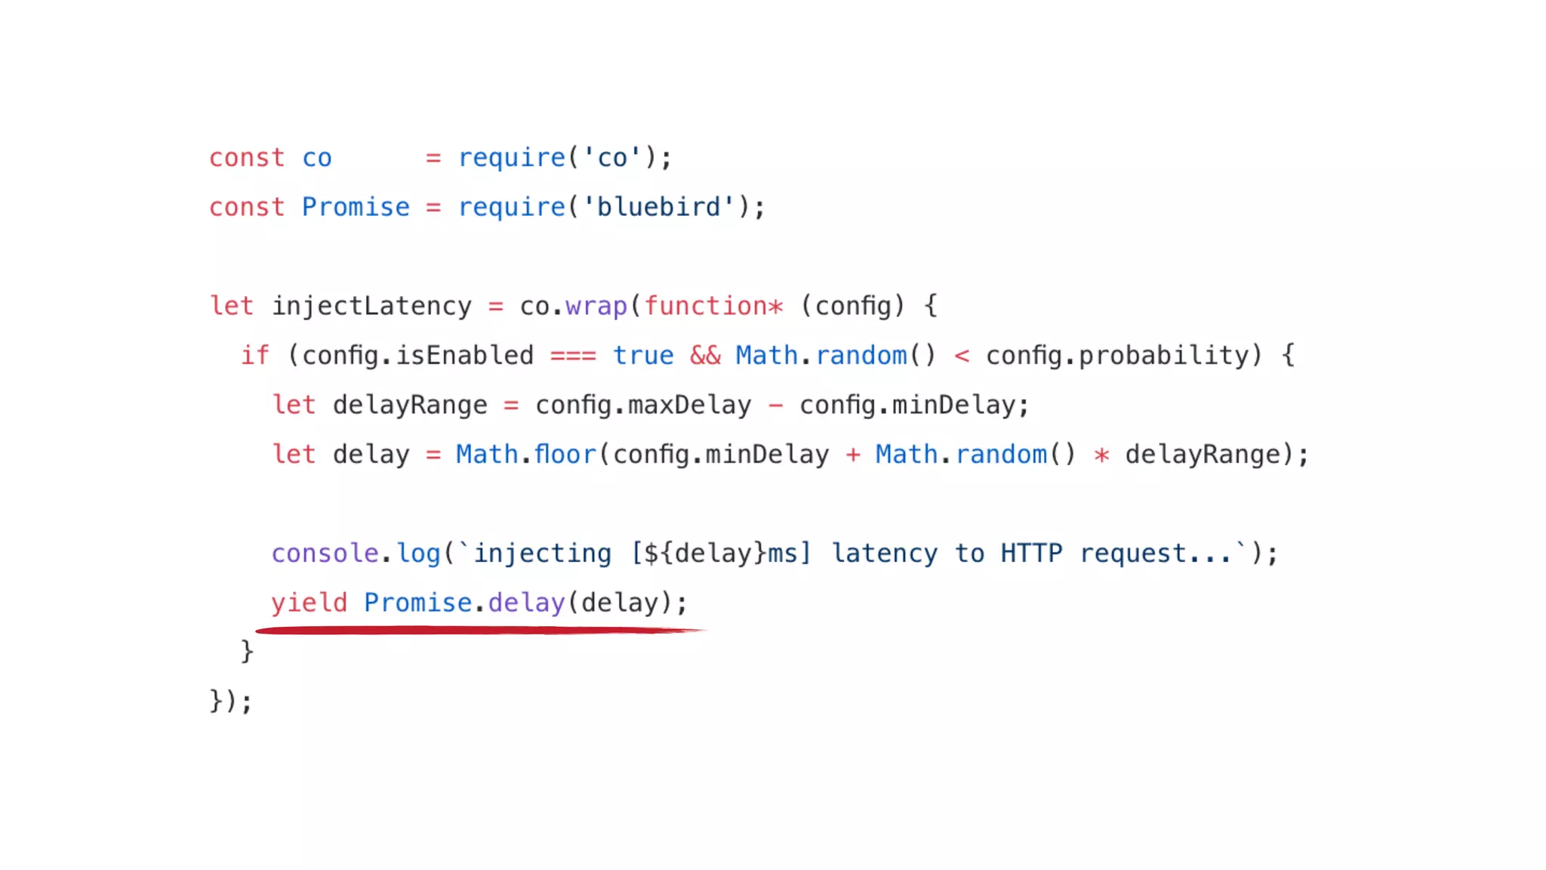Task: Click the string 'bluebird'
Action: (x=658, y=207)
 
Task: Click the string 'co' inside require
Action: (x=612, y=158)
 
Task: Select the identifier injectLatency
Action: (x=371, y=306)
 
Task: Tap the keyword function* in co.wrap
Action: (x=713, y=306)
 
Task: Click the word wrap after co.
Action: (x=596, y=306)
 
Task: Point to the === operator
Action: (x=573, y=356)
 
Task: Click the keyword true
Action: (x=643, y=356)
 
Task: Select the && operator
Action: (x=705, y=356)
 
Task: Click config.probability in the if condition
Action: (x=1123, y=356)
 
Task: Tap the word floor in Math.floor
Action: (x=565, y=455)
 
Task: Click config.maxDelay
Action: (x=643, y=406)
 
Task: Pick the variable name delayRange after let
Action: (x=410, y=406)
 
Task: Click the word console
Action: (x=325, y=554)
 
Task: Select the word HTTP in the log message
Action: (x=1031, y=554)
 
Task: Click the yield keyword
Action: (x=310, y=603)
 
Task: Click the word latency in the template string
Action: (x=885, y=554)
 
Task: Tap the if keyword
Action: (x=255, y=356)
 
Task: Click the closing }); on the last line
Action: (x=230, y=701)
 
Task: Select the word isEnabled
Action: (x=464, y=356)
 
